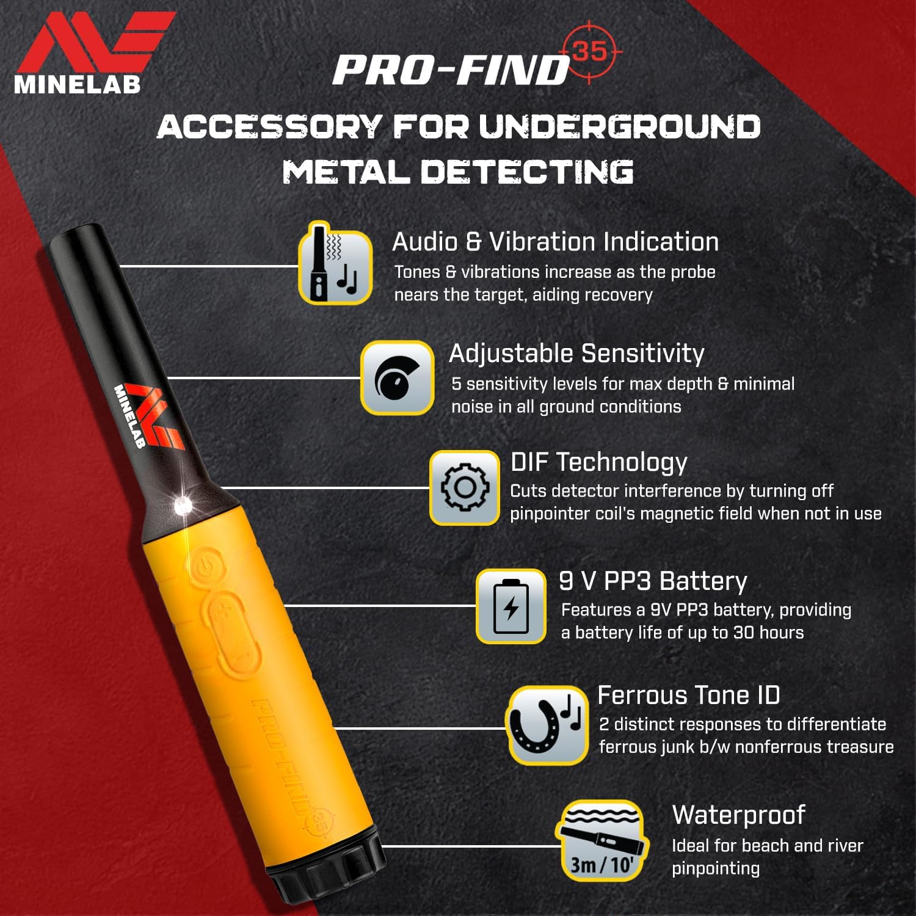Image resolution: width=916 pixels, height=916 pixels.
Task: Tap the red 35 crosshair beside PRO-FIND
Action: tap(589, 52)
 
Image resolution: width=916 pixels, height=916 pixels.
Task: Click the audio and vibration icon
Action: tap(335, 263)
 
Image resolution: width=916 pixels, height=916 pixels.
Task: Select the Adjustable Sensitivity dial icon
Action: tap(397, 378)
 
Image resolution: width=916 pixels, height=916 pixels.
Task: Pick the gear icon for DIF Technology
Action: tap(465, 488)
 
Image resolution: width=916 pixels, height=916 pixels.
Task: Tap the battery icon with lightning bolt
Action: tap(511, 606)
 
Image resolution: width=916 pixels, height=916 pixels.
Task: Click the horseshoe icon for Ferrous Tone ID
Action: tap(546, 725)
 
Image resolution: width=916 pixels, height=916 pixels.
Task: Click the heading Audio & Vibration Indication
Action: tap(555, 242)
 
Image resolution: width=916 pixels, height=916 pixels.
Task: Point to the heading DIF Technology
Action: tap(598, 462)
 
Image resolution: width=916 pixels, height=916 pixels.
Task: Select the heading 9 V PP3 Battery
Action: tap(653, 581)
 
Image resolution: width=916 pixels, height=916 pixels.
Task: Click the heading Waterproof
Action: tap(738, 815)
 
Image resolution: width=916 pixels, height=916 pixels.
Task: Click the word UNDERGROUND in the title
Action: tap(619, 127)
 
